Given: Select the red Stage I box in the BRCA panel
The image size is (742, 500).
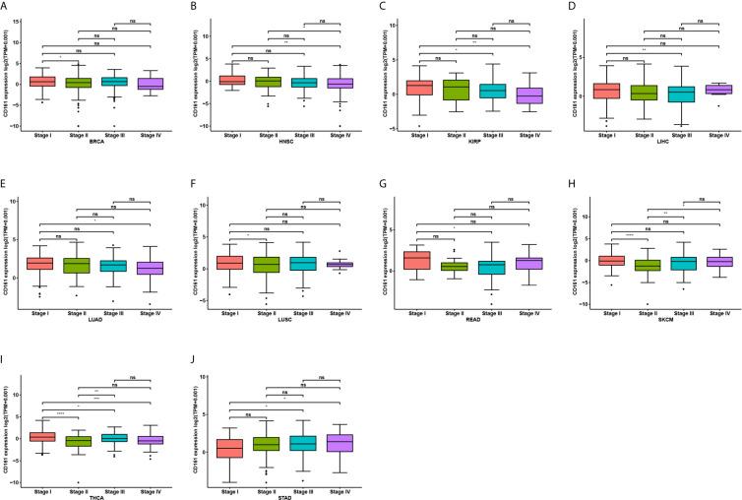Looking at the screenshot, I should tap(41, 81).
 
